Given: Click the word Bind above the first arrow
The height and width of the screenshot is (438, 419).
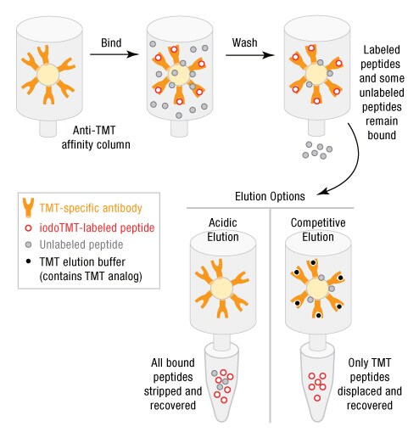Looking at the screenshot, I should coord(111,41).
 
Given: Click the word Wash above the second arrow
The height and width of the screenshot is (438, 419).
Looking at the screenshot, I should coord(246,41).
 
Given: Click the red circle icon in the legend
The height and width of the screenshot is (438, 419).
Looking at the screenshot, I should coord(31,227).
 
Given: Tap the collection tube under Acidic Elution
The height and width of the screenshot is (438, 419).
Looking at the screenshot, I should coord(224,382).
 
